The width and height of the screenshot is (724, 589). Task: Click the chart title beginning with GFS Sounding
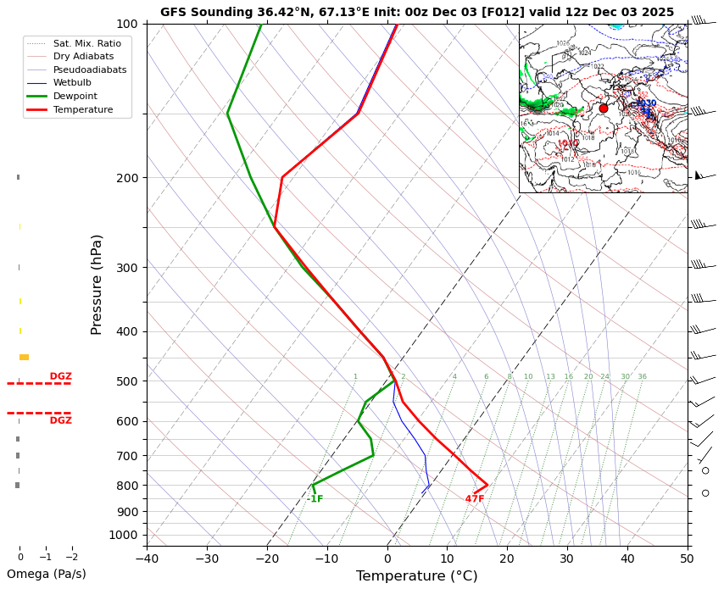pos(416,12)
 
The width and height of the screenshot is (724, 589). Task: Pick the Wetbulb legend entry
pos(72,82)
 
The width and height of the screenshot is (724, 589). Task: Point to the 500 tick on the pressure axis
pos(126,381)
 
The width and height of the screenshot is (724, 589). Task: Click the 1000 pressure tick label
pos(124,535)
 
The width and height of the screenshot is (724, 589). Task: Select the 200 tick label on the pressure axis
pos(126,178)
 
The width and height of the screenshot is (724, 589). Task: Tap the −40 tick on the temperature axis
pos(147,558)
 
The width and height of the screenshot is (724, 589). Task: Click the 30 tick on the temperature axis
pos(567,558)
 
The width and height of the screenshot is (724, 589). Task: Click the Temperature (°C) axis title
pos(416,576)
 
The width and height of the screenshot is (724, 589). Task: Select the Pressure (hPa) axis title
pos(97,284)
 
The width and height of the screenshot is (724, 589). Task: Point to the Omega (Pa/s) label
pos(47,574)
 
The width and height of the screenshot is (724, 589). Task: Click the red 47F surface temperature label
pos(475,499)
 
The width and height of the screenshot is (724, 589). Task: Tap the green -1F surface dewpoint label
pos(315,499)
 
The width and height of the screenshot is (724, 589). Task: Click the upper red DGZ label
pos(60,376)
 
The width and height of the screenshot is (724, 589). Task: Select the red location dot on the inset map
pos(604,108)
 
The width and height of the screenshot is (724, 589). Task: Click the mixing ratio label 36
pos(642,377)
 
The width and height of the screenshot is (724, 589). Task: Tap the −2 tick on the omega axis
pos(72,558)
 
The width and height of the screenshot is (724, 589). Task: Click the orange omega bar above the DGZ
pos(24,357)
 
